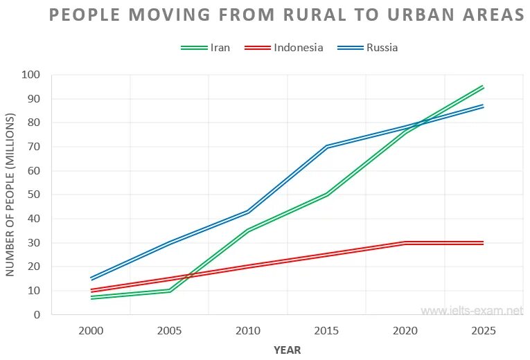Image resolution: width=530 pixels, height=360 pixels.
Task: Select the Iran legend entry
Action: pos(220,48)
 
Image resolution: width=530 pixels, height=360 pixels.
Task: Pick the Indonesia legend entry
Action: pos(298,48)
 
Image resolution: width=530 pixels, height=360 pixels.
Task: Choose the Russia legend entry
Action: pos(382,48)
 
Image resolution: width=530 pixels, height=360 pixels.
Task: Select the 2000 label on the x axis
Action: pos(91,331)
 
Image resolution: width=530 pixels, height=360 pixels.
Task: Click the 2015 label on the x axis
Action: pos(326,331)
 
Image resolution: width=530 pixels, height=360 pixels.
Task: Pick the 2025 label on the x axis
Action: pos(484,331)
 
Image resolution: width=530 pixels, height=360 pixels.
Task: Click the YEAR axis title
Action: pos(287,350)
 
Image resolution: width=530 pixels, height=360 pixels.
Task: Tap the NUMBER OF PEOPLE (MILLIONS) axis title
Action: pos(10,195)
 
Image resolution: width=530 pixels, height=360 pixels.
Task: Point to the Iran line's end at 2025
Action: pos(484,87)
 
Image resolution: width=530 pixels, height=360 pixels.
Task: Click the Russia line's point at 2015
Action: pos(326,147)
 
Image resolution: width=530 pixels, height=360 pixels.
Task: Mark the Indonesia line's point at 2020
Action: pos(405,243)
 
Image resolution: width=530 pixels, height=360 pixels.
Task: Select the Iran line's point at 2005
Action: pos(170,291)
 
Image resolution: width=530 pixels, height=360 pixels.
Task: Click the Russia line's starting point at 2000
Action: pos(91,279)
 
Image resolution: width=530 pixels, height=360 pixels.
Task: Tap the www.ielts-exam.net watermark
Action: pos(472,311)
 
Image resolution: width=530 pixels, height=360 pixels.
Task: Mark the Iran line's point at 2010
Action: pos(248,230)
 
